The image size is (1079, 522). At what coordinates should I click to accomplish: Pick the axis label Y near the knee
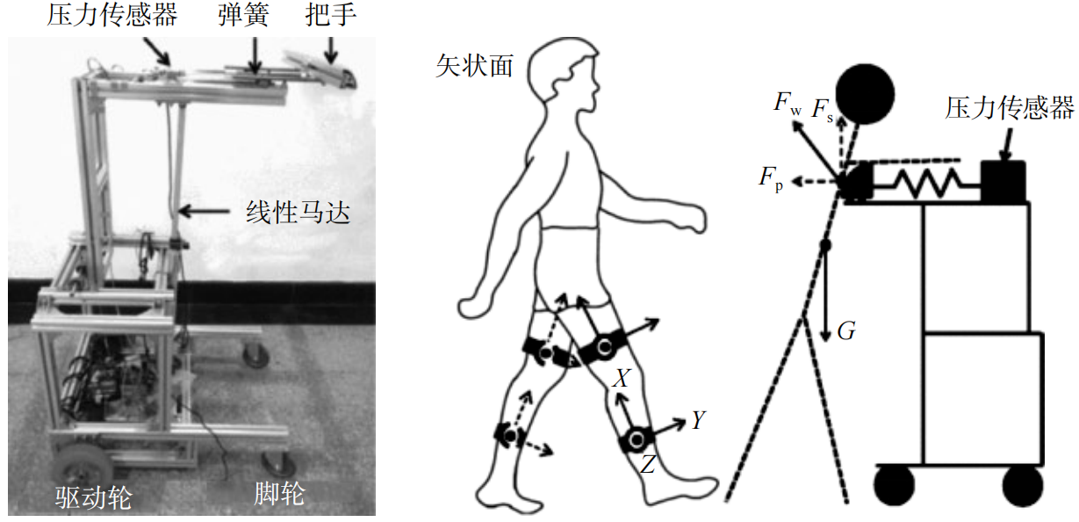[x=698, y=421]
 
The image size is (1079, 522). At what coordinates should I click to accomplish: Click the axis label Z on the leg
[x=647, y=465]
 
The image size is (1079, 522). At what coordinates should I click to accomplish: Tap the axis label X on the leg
[x=621, y=379]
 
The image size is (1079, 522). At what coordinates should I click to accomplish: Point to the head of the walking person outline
[x=564, y=75]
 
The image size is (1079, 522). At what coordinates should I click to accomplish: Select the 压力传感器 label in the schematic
[x=1010, y=109]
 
